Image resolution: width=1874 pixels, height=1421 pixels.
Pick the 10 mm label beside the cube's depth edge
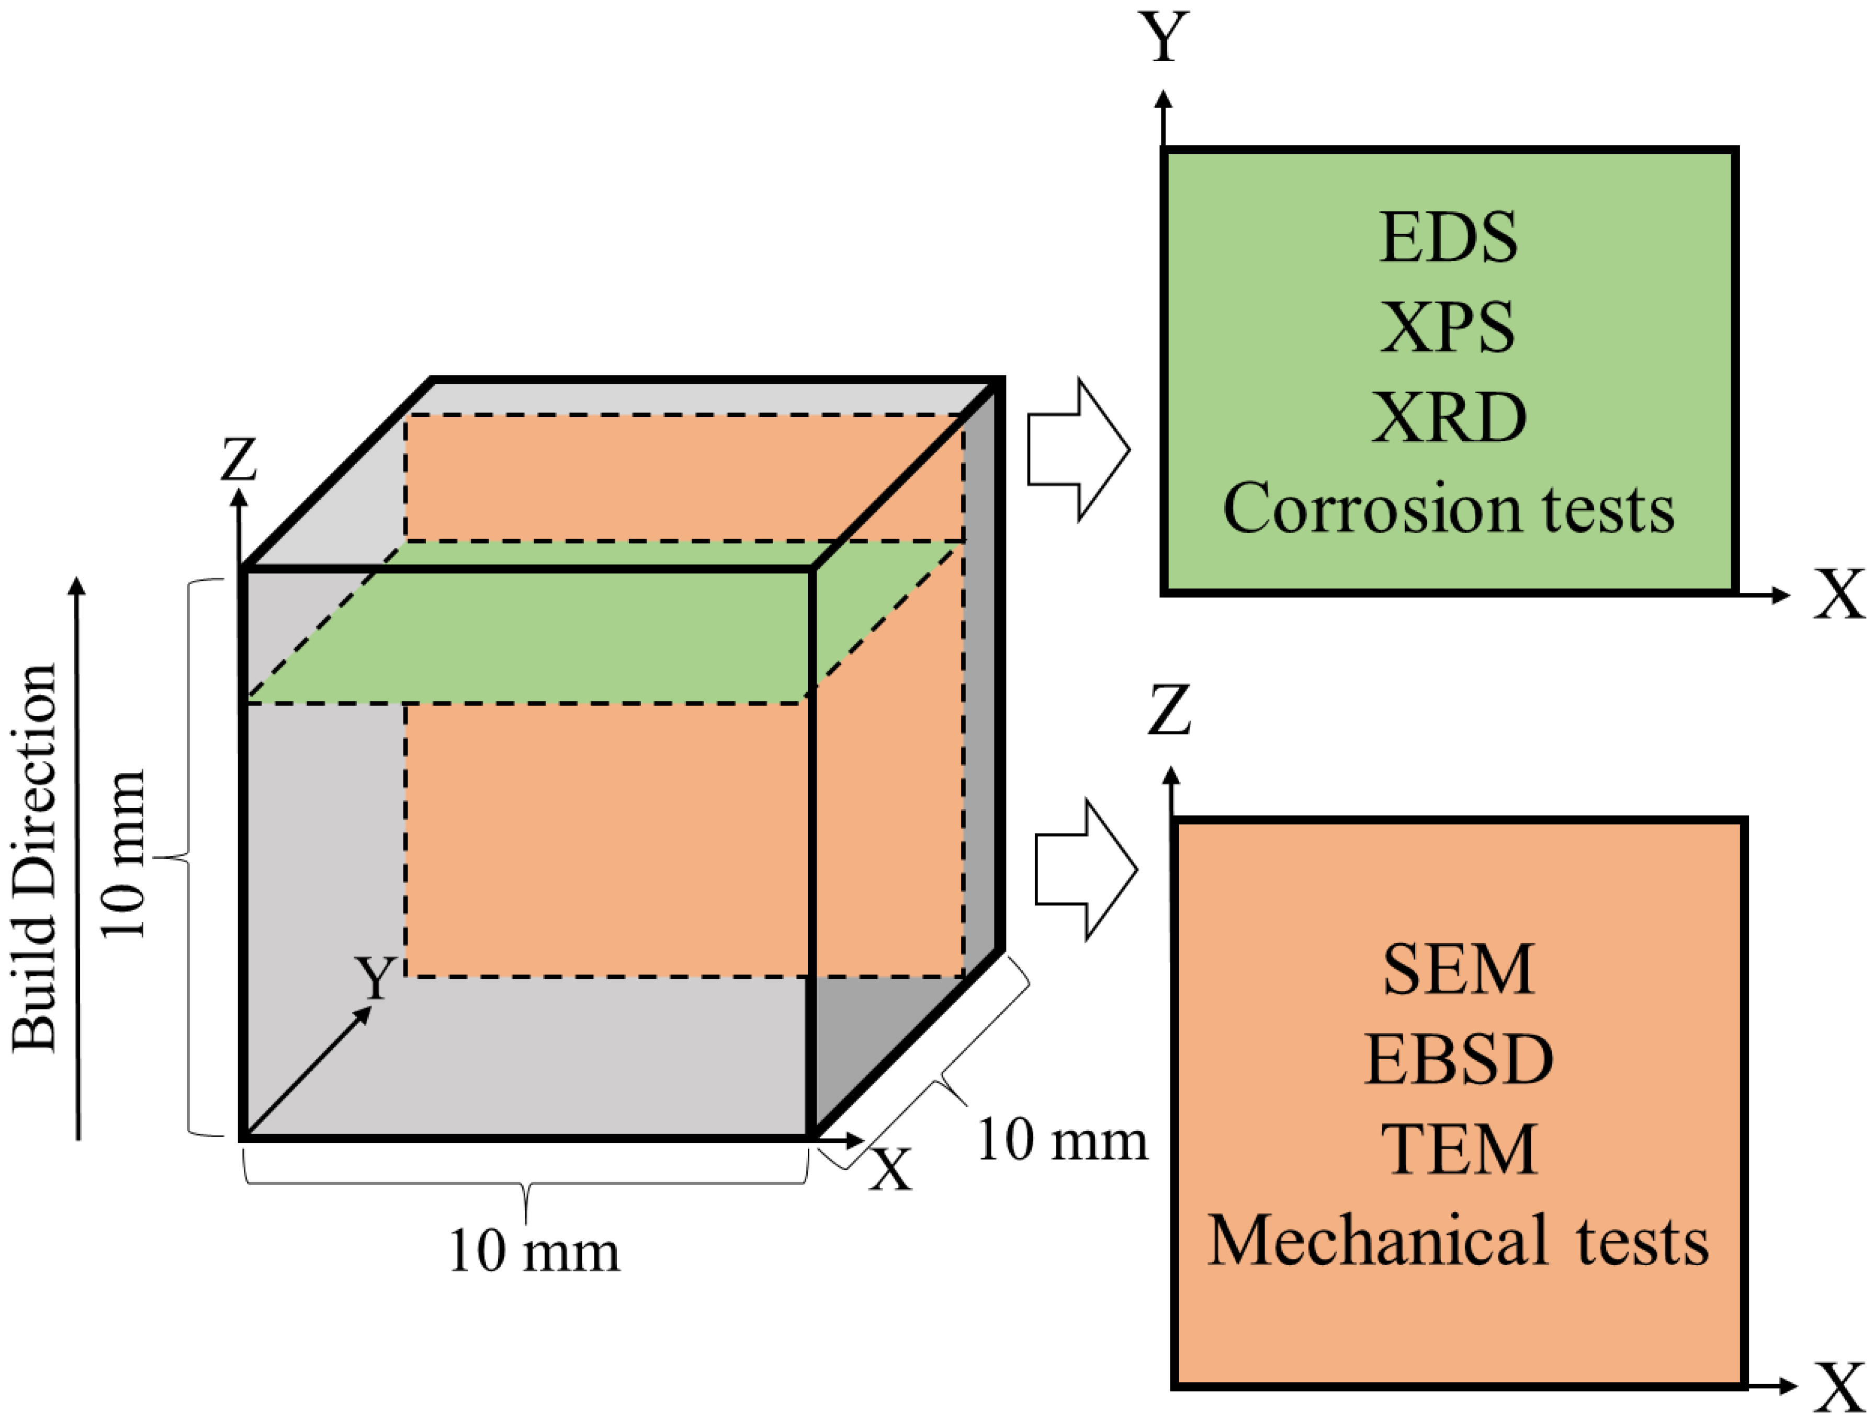pos(1062,1140)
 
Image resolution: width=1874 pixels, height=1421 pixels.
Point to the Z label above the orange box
pos(1169,709)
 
